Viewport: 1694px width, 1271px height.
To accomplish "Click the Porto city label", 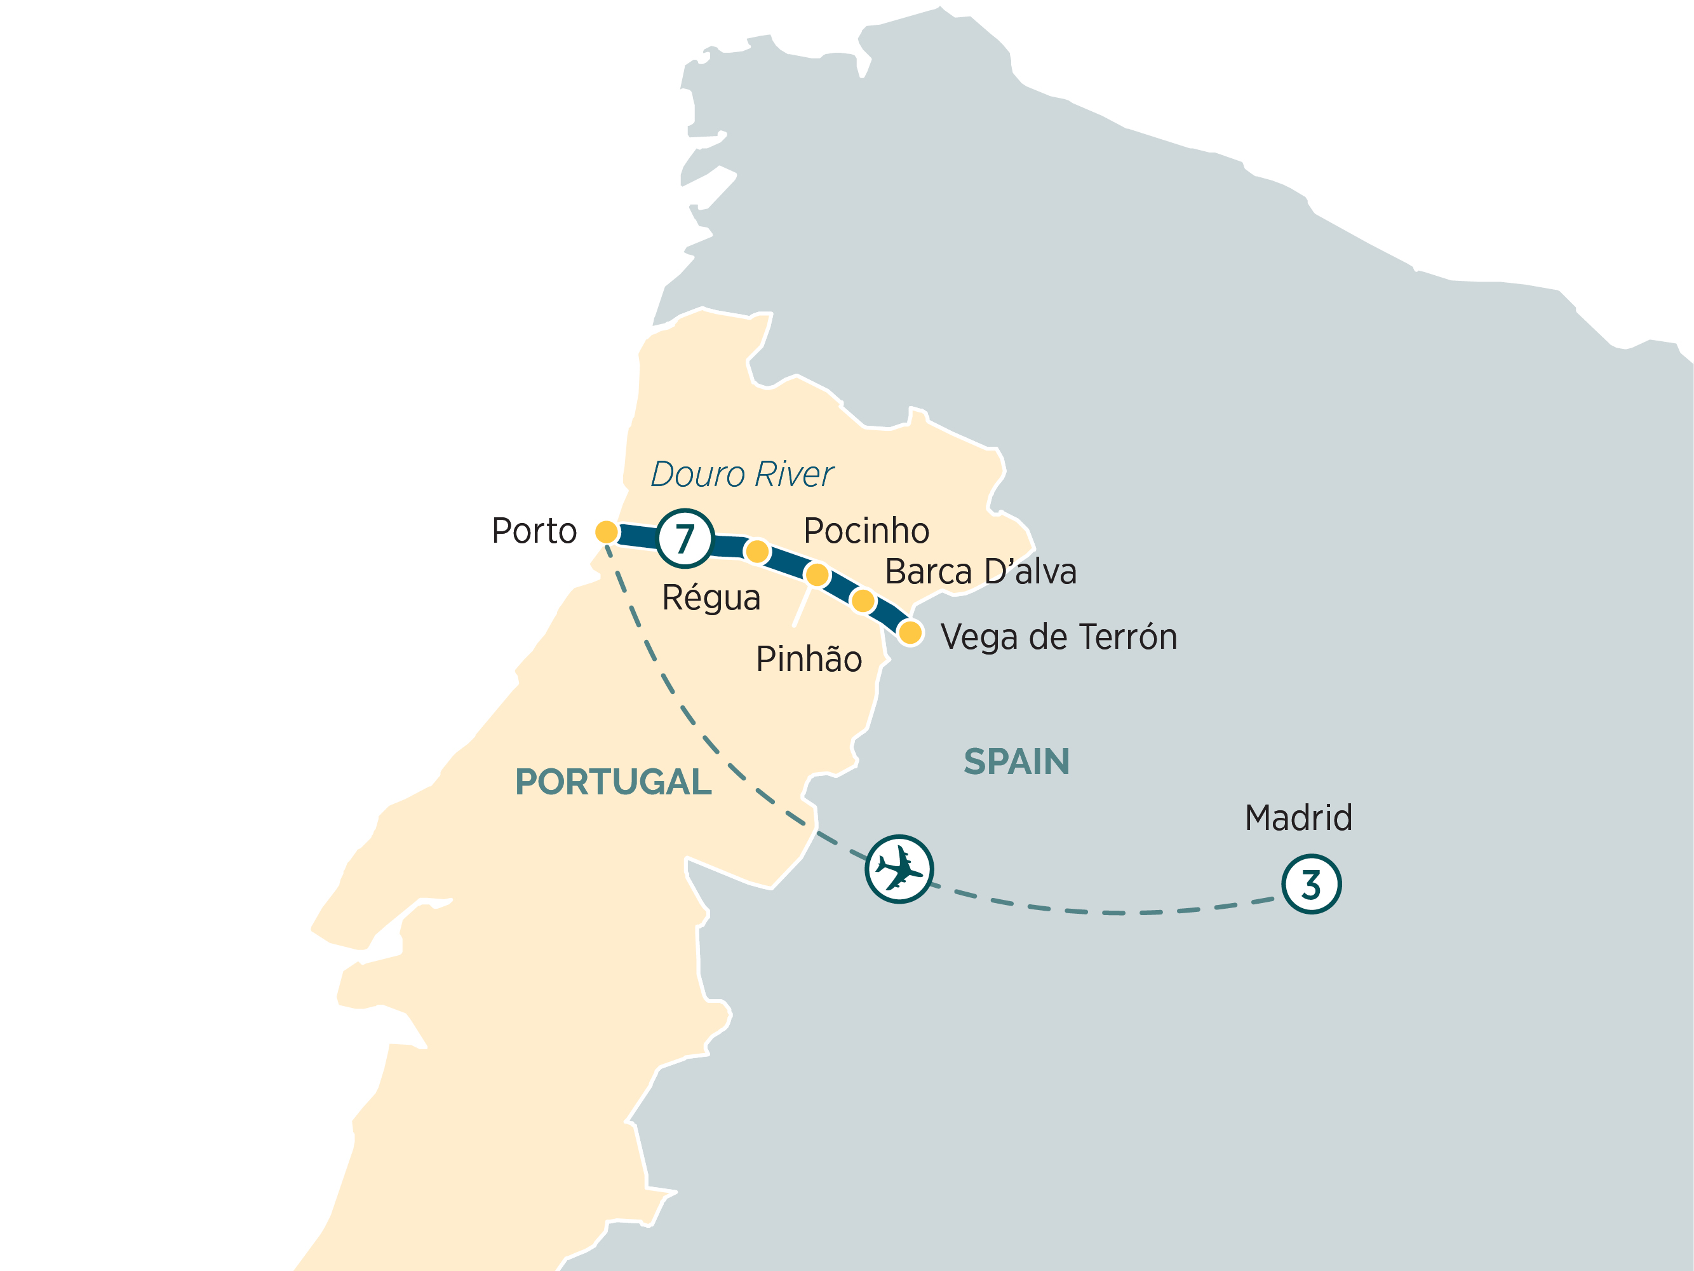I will [x=534, y=531].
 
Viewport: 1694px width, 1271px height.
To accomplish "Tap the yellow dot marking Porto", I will [x=607, y=532].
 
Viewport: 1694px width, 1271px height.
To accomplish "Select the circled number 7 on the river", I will [x=685, y=538].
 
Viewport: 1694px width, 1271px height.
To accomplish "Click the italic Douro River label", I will [x=741, y=474].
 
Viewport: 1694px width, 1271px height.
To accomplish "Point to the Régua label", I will [x=711, y=597].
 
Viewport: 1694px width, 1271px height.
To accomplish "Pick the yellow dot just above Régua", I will [x=756, y=551].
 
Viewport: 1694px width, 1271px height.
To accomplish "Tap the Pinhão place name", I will [x=809, y=659].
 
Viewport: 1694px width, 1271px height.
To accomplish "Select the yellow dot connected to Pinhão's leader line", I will [x=817, y=574].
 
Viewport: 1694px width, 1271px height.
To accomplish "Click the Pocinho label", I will [x=866, y=530].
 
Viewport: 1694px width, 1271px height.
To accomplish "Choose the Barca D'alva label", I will [x=980, y=571].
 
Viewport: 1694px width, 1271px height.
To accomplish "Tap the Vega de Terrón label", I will [x=1058, y=637].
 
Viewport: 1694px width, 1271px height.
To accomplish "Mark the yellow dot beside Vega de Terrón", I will [x=910, y=633].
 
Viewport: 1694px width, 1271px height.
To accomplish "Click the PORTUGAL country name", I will [x=613, y=782].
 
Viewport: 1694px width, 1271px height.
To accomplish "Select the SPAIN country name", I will [x=1016, y=761].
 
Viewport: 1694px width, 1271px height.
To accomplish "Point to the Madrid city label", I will [x=1298, y=817].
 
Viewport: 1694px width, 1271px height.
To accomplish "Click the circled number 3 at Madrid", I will [x=1311, y=884].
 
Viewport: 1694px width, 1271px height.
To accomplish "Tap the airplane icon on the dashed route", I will [x=899, y=869].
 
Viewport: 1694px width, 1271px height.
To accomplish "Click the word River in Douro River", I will [x=793, y=474].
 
